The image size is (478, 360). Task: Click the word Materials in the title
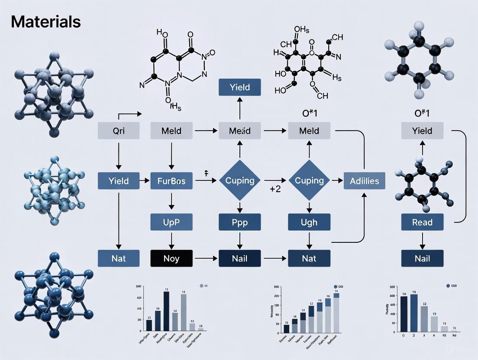point(46,22)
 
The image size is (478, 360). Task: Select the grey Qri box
point(119,130)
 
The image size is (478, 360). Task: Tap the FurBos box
point(171,181)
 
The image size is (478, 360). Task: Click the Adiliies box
point(364,181)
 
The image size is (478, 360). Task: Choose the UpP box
point(171,222)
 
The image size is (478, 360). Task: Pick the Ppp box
point(240,222)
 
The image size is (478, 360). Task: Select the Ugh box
point(309,222)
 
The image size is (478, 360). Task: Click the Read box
point(422,222)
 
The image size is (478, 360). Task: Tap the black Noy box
point(171,258)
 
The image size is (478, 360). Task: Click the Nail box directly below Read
point(422,258)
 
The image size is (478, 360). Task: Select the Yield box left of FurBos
point(119,181)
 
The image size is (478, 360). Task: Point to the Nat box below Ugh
point(309,258)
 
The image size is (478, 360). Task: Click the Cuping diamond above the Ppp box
point(240,180)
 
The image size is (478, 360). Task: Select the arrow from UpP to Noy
point(171,241)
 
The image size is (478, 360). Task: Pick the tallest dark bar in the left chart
point(166,312)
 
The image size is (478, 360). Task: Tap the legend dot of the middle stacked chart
point(336,286)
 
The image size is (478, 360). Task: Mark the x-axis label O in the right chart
point(404,336)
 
